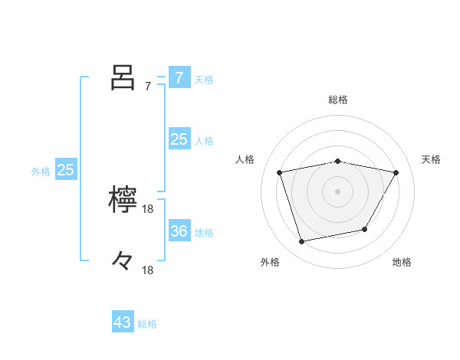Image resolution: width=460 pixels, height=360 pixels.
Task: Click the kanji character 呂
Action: (123, 77)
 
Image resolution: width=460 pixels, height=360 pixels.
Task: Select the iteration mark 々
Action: (123, 262)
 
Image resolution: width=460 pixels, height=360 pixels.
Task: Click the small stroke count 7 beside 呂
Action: (148, 87)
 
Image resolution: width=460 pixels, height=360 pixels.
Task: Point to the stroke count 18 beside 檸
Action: (148, 209)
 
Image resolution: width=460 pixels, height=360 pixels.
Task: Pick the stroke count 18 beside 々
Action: (148, 270)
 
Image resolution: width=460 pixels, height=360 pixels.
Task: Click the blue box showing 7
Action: (179, 77)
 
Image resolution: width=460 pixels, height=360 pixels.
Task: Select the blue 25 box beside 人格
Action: (179, 139)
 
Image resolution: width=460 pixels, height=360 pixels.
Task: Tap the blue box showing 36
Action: (179, 231)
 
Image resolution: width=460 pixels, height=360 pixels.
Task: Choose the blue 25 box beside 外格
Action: (65, 170)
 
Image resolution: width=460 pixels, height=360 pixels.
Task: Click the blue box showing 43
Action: (123, 322)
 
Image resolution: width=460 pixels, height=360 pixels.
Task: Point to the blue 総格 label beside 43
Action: (147, 324)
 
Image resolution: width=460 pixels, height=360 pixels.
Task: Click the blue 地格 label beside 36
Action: (204, 233)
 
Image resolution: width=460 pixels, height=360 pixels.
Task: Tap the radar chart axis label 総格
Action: (338, 100)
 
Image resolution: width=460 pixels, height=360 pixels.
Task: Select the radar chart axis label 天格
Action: (431, 159)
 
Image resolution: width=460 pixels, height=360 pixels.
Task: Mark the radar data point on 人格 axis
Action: (280, 172)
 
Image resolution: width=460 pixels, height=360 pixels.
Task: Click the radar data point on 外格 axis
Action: (302, 241)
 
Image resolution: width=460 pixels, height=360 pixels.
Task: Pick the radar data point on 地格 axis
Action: (365, 229)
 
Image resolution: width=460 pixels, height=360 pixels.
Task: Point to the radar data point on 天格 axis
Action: (396, 172)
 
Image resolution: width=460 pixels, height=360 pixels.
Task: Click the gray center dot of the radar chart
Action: (338, 191)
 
